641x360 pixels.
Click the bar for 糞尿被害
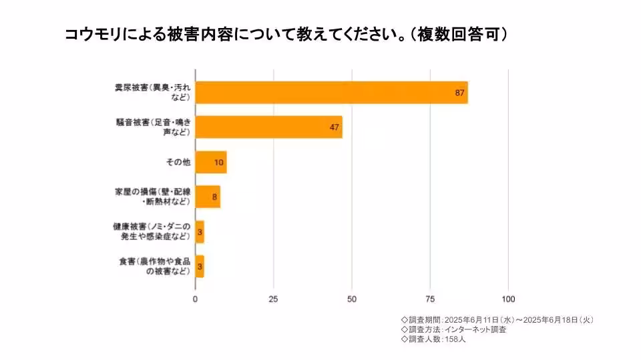coord(331,93)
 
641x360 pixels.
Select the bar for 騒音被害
coord(268,127)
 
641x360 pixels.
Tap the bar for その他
coord(211,162)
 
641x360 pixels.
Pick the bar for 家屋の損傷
coord(208,197)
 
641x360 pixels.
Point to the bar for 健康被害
coord(200,231)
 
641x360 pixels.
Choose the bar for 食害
coord(200,266)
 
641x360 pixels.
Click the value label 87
coord(459,93)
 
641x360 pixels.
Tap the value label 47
coord(335,127)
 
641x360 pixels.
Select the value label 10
coord(219,162)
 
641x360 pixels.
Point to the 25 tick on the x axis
coord(273,299)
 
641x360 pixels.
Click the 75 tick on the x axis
coord(430,299)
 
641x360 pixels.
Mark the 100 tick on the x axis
coord(509,299)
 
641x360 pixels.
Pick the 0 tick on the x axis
coord(195,299)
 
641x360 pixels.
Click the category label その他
coord(178,162)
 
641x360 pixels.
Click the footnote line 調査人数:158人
coord(433,339)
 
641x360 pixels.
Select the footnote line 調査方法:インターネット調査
coord(453,329)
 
